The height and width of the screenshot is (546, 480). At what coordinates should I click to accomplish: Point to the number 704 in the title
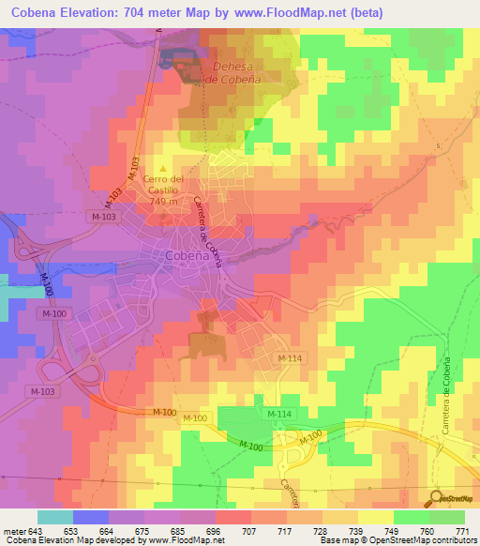(x=170, y=11)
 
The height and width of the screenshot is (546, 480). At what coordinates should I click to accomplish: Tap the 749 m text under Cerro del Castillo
(x=163, y=202)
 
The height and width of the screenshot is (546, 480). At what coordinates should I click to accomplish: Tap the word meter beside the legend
(x=13, y=531)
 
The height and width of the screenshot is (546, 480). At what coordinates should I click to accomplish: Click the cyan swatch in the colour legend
(x=54, y=517)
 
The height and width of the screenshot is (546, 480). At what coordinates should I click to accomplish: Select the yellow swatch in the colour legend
(x=375, y=517)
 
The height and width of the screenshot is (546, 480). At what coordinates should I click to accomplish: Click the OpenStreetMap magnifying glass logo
(x=436, y=498)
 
